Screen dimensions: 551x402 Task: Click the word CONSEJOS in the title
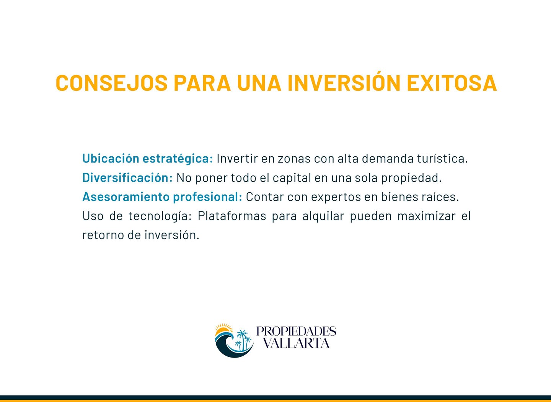click(x=112, y=83)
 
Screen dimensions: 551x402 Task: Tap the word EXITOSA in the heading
click(x=452, y=83)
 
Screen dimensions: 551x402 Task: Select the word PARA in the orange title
click(x=202, y=83)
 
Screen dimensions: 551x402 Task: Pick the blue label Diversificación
click(x=127, y=177)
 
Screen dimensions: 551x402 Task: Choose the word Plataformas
click(x=232, y=216)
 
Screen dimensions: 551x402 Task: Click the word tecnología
click(x=160, y=216)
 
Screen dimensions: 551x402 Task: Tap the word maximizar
click(x=427, y=216)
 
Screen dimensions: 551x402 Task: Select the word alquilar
click(x=323, y=216)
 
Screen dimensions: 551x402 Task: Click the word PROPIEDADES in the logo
click(x=296, y=331)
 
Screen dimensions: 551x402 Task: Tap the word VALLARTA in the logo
click(x=296, y=343)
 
